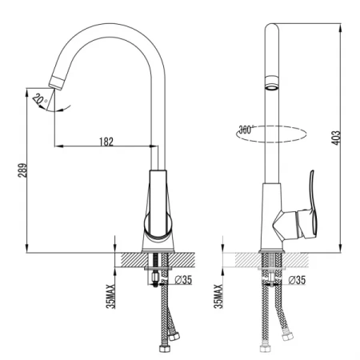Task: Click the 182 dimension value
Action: pos(106,142)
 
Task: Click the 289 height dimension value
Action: pos(22,170)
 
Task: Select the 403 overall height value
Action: pos(336,138)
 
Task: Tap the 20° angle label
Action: pos(39,99)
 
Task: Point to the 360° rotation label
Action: pos(246,130)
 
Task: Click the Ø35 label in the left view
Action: pos(183,280)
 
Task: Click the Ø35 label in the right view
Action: pos(297,280)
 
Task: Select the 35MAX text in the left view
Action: pos(110,296)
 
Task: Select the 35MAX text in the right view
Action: pos(218,296)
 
